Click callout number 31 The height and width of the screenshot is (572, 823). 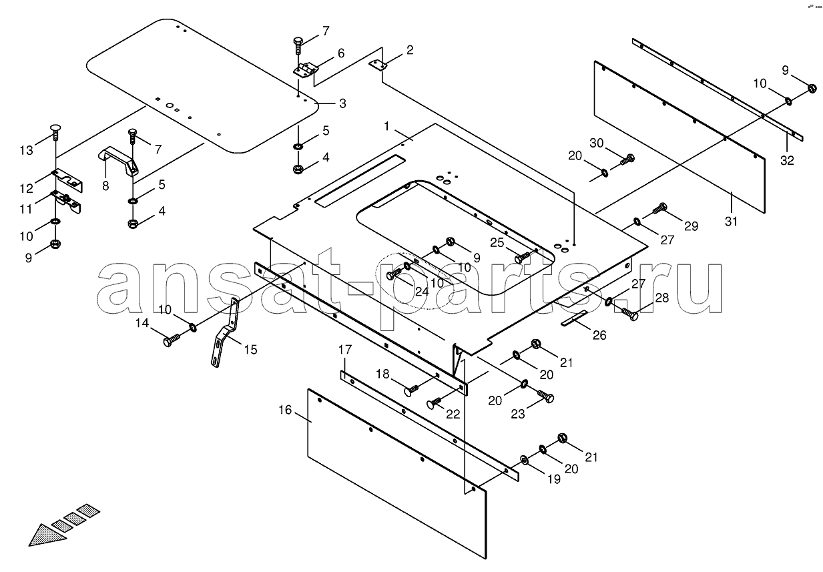tap(732, 221)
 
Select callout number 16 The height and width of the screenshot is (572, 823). tap(285, 410)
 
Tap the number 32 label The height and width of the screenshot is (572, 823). tap(788, 160)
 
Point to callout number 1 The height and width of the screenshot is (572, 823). tap(386, 125)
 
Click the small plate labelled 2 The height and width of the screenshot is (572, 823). tap(378, 65)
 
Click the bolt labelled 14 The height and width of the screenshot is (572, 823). tap(170, 342)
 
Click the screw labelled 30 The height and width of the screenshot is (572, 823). tap(627, 159)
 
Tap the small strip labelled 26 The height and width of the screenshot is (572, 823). tap(575, 318)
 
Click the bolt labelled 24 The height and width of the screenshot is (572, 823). tap(394, 274)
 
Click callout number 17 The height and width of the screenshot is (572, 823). tap(344, 350)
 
